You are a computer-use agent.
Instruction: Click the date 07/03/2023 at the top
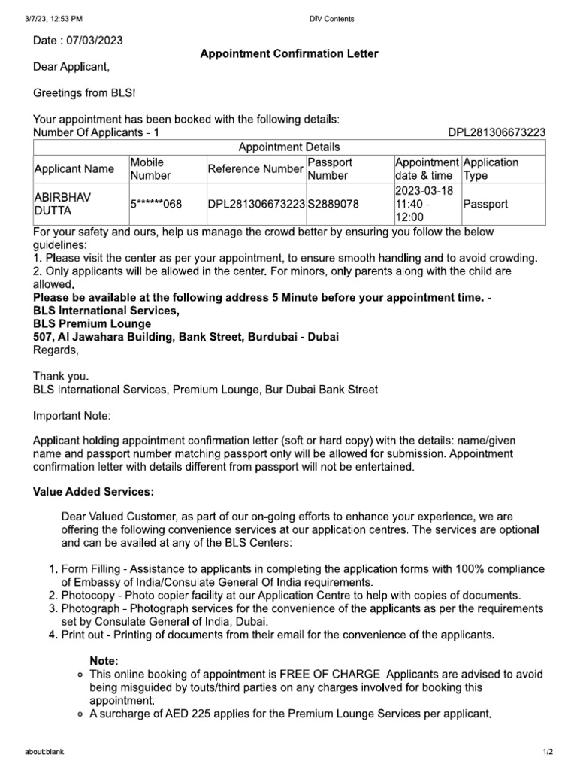(93, 39)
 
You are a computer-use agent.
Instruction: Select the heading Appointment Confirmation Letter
(288, 53)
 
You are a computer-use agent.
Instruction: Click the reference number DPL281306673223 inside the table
(256, 204)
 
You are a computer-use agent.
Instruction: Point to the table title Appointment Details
(289, 147)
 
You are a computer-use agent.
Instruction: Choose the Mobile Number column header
(151, 168)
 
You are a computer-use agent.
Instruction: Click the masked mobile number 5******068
(157, 204)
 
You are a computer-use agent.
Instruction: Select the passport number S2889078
(334, 204)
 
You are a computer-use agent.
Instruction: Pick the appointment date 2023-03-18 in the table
(424, 190)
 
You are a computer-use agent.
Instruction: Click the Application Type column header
(491, 168)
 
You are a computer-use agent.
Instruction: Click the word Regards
(55, 350)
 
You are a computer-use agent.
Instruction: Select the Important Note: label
(71, 415)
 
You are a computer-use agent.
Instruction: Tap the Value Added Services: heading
(93, 492)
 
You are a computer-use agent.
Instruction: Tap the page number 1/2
(546, 751)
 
